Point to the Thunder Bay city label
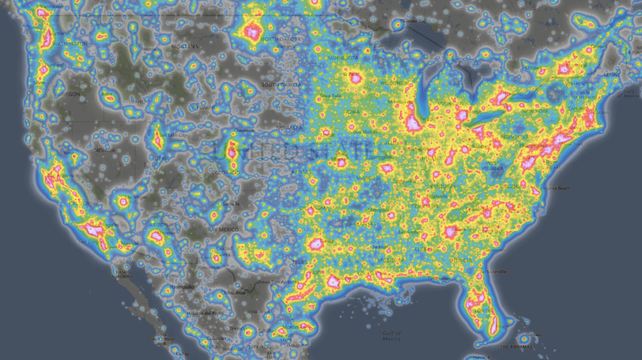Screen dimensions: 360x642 coord(412,21)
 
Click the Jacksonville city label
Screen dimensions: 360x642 coord(495,271)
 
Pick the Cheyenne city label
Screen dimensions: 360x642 coord(243,130)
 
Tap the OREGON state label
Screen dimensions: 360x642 coord(69,94)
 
